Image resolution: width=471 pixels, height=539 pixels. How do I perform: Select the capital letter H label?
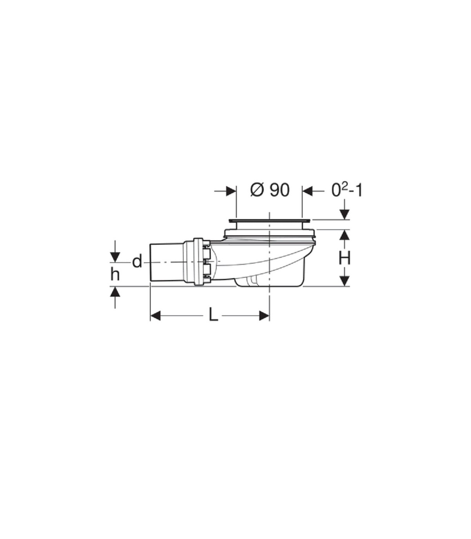click(345, 258)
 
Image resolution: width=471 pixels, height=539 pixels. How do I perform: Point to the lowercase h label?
click(115, 274)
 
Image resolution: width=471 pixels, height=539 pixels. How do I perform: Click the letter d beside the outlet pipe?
click(137, 262)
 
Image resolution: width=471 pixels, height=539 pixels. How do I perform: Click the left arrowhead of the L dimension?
click(155, 315)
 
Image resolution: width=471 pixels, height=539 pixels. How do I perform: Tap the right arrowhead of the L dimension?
click(264, 315)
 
